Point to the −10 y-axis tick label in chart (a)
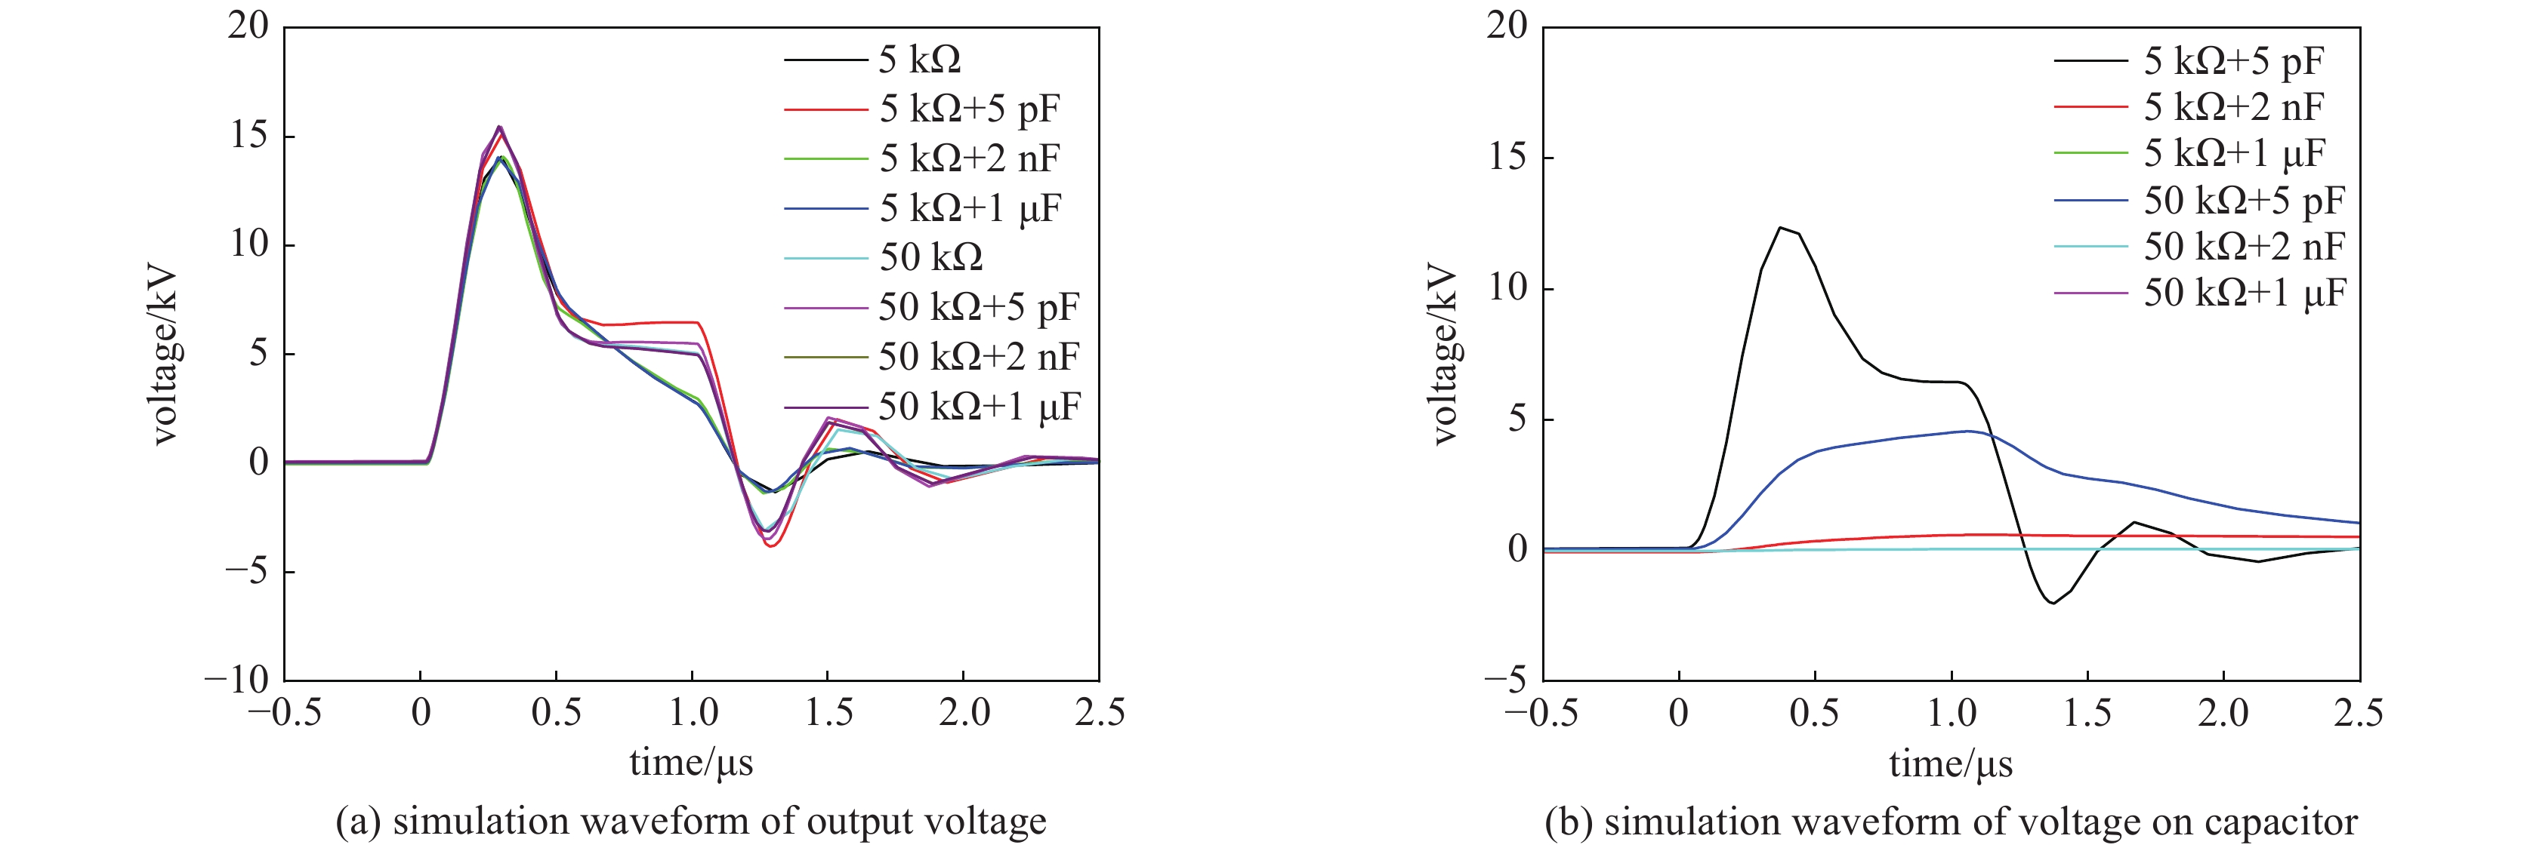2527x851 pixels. [x=236, y=680]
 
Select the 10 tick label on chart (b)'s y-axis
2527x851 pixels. [x=1507, y=288]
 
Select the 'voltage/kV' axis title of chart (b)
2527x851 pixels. [x=1445, y=353]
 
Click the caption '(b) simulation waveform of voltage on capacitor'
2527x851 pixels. [x=1950, y=822]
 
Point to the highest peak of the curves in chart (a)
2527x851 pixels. [x=499, y=127]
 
